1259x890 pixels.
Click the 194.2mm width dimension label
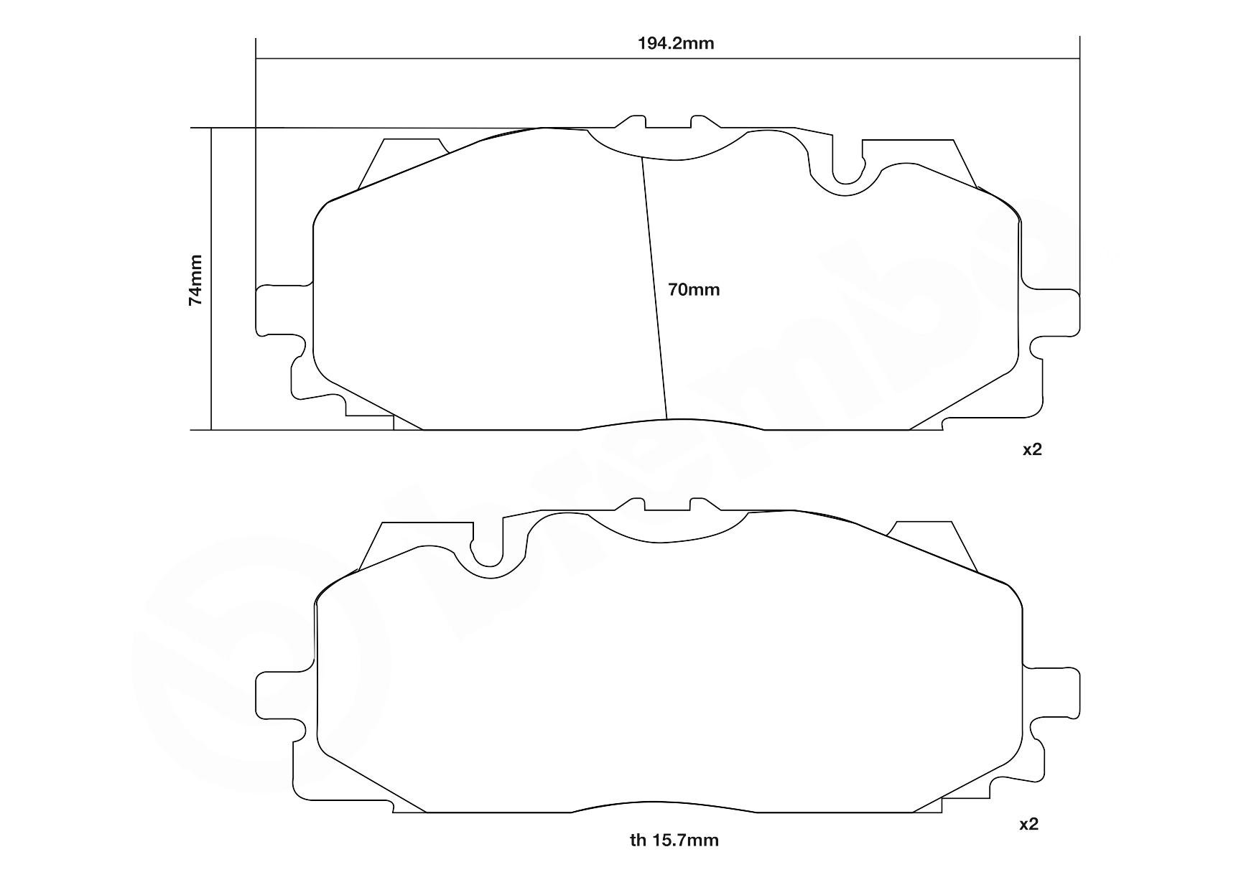[x=676, y=43]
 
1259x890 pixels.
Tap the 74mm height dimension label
[x=195, y=280]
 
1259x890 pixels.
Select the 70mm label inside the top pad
[x=693, y=290]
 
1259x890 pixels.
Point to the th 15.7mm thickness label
[x=674, y=840]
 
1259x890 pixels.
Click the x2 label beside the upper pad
[x=1032, y=450]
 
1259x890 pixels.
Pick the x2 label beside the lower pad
[x=1029, y=825]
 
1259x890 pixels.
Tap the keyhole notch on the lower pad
[x=488, y=553]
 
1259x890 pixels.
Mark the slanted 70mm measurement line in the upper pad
[x=655, y=287]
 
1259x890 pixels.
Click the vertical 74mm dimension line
[x=211, y=280]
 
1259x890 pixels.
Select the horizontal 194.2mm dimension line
[x=668, y=58]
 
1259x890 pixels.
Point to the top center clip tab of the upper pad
[x=668, y=123]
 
